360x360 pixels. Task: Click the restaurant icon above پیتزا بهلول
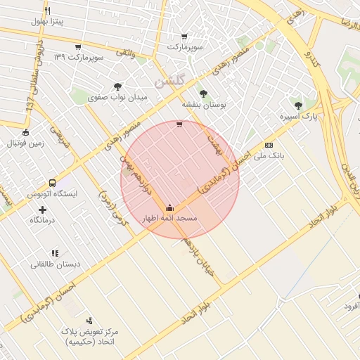tap(47, 11)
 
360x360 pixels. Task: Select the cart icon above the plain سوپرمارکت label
tap(184, 37)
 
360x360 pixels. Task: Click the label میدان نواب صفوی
tap(117, 98)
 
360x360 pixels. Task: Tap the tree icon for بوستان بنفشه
tap(203, 93)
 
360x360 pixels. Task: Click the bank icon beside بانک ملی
tap(269, 145)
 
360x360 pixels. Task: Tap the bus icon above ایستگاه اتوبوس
tap(52, 182)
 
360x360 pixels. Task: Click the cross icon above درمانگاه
tap(43, 210)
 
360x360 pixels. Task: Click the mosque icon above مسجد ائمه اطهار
tap(169, 207)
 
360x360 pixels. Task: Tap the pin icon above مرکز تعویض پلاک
tap(88, 320)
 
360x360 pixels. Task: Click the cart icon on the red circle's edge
tap(179, 124)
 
